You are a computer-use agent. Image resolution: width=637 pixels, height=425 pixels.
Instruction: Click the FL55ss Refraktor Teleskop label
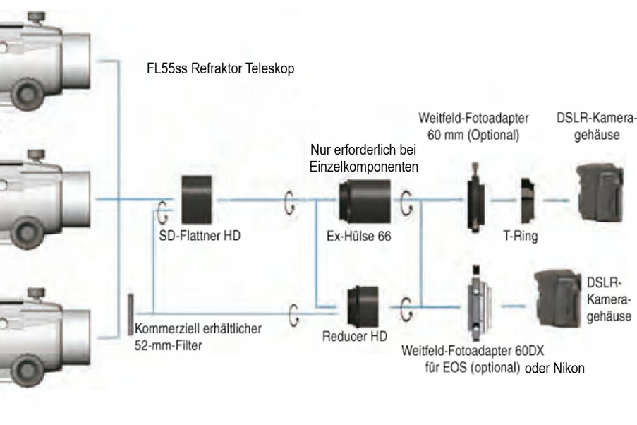point(220,68)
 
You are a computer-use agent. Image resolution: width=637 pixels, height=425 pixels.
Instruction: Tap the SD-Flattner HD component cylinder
point(197,200)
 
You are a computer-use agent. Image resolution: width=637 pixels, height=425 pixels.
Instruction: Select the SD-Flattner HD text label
point(200,236)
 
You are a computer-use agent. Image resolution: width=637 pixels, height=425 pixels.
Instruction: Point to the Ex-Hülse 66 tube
point(365,201)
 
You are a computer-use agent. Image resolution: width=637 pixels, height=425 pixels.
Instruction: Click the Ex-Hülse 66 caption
point(359,237)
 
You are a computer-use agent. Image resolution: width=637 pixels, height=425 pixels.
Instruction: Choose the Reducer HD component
point(363,306)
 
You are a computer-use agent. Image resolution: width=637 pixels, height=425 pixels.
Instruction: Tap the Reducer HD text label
point(355,336)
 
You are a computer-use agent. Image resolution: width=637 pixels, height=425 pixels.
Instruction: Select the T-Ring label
point(521,236)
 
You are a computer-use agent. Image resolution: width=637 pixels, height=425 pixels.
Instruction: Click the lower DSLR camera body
point(558,298)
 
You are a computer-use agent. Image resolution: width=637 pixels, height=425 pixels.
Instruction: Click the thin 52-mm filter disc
point(131,314)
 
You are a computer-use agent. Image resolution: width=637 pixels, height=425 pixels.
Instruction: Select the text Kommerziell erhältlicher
point(198,328)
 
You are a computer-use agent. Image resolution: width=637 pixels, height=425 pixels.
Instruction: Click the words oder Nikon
point(554,369)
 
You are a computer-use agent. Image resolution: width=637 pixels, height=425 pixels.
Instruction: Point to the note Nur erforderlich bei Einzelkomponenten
point(363,158)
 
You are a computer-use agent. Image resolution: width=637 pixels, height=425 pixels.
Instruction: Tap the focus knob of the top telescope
point(28,92)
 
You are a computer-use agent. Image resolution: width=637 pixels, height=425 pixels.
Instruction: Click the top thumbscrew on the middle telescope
point(36,155)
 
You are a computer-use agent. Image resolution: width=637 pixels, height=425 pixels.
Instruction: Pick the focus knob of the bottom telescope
point(28,371)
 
